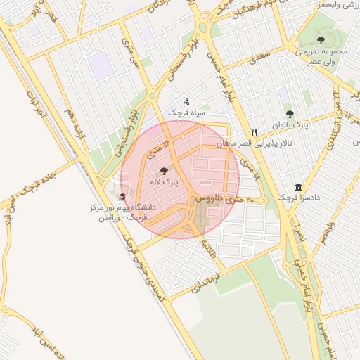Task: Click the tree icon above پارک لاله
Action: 165,171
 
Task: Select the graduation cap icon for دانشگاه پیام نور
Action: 123,197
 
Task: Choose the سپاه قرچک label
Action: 186,112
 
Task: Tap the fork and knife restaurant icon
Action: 255,132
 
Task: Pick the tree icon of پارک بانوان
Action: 290,114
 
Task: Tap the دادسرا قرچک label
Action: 298,198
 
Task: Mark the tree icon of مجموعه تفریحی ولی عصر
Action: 321,40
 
